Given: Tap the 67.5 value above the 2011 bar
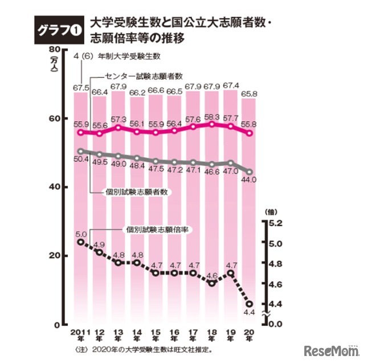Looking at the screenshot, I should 81,88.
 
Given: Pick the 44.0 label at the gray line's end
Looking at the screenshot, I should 250,179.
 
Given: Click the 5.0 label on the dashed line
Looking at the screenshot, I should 81,234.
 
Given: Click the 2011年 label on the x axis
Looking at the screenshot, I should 81,337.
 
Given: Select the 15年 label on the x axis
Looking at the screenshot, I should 156,337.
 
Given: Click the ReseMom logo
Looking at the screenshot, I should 330,349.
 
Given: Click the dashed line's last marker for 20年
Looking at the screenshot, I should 249,304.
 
